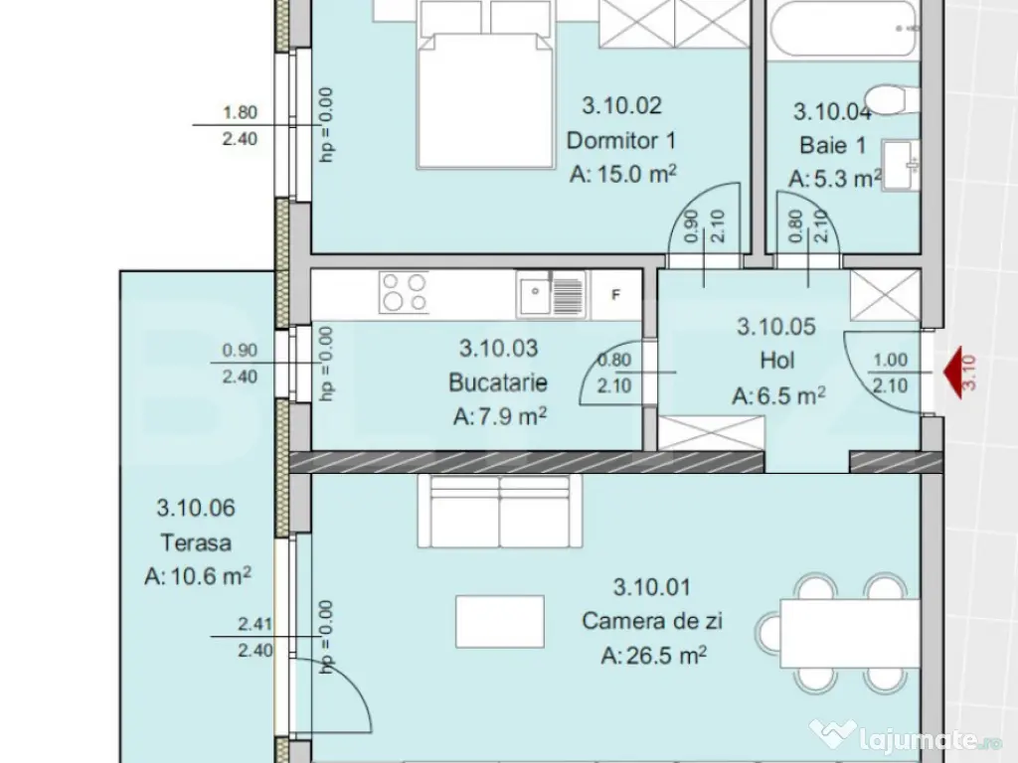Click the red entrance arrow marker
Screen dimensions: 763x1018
coord(956,372)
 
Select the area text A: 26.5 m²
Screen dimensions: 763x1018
coord(653,656)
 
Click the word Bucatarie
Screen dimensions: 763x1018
coord(498,382)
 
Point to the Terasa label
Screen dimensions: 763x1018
coord(196,542)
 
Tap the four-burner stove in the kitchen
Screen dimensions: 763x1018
coord(404,293)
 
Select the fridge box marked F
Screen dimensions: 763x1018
coord(616,294)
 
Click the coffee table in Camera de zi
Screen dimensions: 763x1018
coord(500,620)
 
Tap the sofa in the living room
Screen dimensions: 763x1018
coord(499,510)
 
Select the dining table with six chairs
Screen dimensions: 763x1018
coord(851,632)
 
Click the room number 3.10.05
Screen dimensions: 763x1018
coord(775,325)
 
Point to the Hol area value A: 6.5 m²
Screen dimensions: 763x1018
coord(779,396)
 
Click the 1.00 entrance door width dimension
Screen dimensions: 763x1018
coord(890,362)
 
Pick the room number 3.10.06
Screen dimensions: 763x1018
coord(196,509)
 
